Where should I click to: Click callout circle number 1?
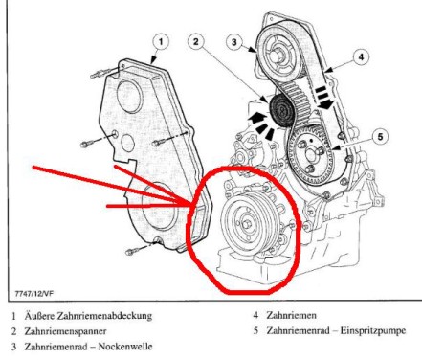coord(161,42)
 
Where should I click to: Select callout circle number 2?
coord(195,41)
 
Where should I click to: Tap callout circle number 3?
coord(234,42)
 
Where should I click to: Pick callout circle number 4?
coord(361,57)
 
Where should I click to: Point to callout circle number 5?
coord(381,136)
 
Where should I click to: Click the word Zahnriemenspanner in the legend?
coord(65,331)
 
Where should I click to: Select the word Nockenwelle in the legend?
coord(125,347)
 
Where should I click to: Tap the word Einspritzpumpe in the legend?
coord(373,330)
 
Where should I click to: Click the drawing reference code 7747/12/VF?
coord(34,293)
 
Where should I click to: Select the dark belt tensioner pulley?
coord(281,111)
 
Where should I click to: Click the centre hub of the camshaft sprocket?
coord(277,55)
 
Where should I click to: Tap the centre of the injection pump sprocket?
coord(311,154)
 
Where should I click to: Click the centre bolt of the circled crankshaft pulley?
coord(246,224)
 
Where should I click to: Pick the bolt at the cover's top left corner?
coord(97,75)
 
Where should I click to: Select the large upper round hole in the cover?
coord(128,94)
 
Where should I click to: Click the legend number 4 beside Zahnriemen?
coord(255,315)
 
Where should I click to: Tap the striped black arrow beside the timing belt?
coord(323,97)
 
